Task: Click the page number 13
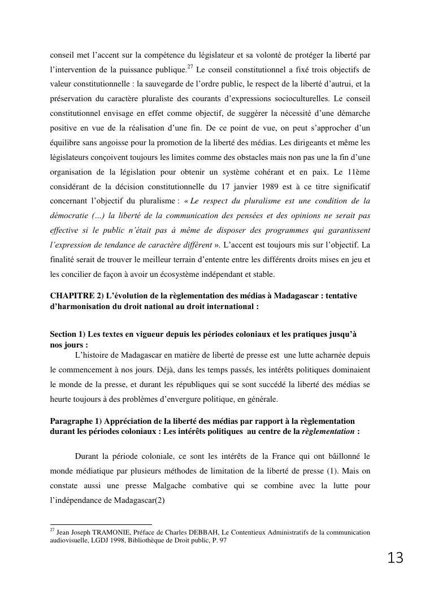396,558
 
